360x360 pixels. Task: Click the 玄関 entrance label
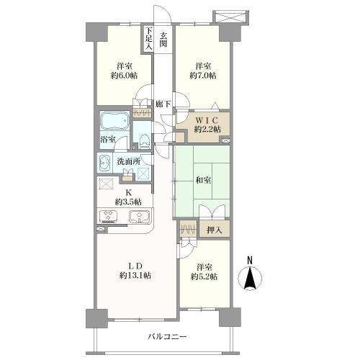pyautogui.click(x=163, y=40)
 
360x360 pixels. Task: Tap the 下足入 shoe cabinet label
pyautogui.click(x=149, y=38)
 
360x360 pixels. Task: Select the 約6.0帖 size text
pyautogui.click(x=125, y=76)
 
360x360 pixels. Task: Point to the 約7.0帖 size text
pyautogui.click(x=203, y=76)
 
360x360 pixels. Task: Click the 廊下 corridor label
pyautogui.click(x=163, y=104)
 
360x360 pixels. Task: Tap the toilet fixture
pyautogui.click(x=145, y=141)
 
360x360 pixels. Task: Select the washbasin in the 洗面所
pyautogui.click(x=104, y=163)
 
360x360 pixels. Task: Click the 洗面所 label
pyautogui.click(x=129, y=161)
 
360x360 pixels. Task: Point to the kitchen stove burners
pyautogui.click(x=107, y=215)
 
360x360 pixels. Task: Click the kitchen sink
pyautogui.click(x=140, y=216)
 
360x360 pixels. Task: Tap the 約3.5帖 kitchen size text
pyautogui.click(x=128, y=202)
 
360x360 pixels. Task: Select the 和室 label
pyautogui.click(x=203, y=181)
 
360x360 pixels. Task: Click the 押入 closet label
pyautogui.click(x=215, y=230)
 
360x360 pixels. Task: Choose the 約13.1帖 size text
pyautogui.click(x=135, y=276)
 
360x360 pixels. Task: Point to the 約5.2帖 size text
pyautogui.click(x=204, y=277)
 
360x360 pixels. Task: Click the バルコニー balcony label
pyautogui.click(x=167, y=337)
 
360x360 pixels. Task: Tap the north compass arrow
pyautogui.click(x=250, y=279)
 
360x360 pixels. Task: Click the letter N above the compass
pyautogui.click(x=250, y=261)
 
